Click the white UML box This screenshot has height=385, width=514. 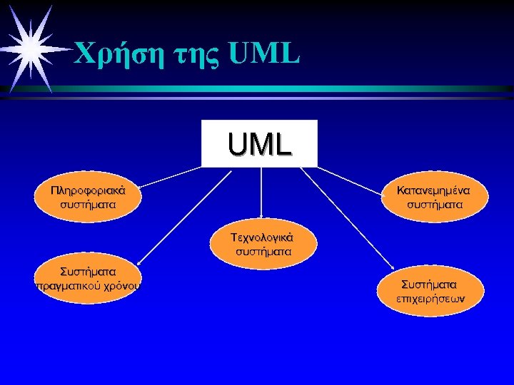(x=259, y=143)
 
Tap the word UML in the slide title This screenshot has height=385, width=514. (x=264, y=51)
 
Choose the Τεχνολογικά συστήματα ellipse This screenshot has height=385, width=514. (x=263, y=244)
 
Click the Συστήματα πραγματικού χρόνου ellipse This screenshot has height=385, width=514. (x=89, y=279)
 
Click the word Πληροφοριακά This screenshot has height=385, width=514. (x=89, y=190)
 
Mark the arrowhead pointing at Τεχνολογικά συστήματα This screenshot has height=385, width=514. (x=261, y=215)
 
